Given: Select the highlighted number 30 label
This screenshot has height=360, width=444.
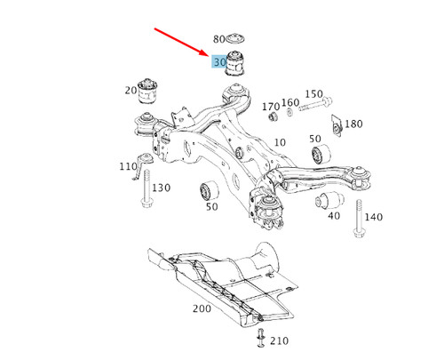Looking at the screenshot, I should coord(219,62).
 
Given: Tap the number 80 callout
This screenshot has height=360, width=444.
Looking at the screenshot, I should coord(220,39).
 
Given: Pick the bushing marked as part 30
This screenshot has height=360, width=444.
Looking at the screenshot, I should coord(238,64).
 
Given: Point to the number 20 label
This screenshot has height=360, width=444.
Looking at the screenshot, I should coord(131,90).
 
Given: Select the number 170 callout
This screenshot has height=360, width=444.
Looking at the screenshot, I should coord(271,107).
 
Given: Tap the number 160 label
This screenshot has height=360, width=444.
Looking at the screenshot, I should coord(290,103).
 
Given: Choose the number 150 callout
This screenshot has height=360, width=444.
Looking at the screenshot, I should coord(313,94).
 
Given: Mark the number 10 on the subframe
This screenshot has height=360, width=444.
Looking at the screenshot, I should coord(280,142).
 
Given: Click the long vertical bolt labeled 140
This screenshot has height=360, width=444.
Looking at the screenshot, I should coord(359,220).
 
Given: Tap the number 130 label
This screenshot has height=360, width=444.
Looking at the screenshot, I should coord(161,188).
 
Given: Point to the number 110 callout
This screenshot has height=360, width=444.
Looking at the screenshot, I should coord(128,167).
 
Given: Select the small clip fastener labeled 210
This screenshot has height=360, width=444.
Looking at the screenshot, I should coord(261,336).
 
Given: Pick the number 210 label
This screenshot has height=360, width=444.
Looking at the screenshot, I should coord(280,340).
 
